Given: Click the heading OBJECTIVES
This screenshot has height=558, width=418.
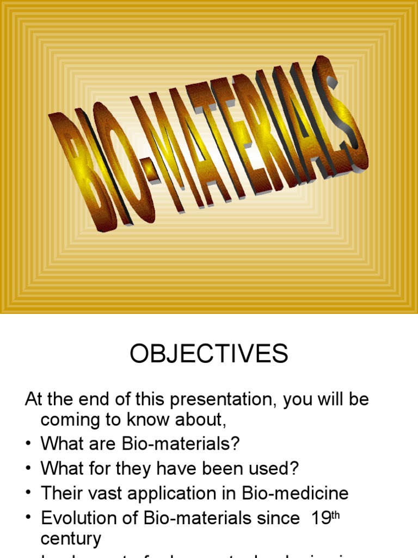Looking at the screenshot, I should (x=208, y=355).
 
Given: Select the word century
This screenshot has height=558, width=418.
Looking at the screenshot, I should (x=71, y=539).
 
